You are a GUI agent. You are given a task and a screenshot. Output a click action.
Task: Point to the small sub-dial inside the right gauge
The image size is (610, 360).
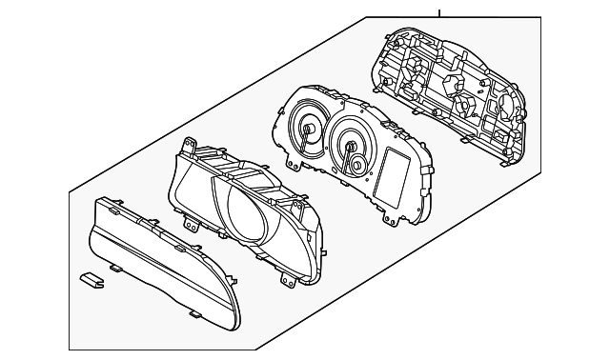357,167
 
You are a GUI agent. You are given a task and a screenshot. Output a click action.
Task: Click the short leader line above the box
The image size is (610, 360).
438,12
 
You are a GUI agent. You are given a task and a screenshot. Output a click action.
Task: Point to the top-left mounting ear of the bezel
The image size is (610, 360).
191,146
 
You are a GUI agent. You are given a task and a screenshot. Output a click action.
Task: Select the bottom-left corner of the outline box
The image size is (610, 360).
70,350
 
